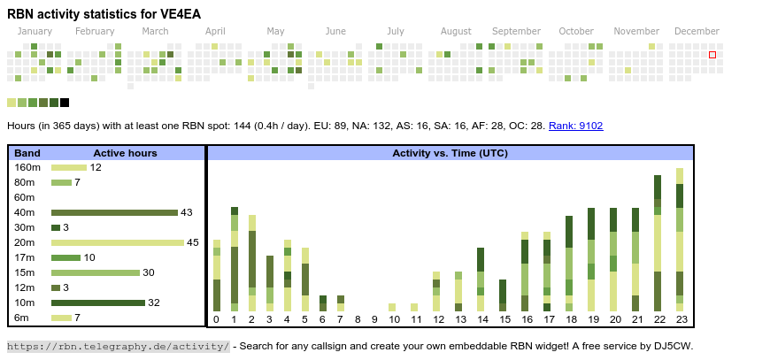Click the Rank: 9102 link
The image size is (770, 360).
[575, 126]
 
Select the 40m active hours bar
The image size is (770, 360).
[114, 212]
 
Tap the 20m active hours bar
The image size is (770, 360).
[117, 242]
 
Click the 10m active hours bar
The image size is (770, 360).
[97, 303]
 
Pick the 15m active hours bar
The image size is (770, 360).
[95, 272]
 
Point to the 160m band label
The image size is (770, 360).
[27, 167]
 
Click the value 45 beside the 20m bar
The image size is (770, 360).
[192, 242]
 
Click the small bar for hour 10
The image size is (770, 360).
[392, 307]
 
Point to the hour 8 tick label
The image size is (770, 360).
[358, 319]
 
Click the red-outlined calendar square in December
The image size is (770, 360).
[712, 55]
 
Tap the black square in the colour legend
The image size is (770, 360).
[65, 103]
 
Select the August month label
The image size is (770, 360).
[456, 31]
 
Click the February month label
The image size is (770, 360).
[95, 31]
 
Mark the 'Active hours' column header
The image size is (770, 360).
[125, 153]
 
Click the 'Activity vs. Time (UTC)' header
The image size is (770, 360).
[450, 153]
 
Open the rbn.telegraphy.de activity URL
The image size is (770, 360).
[119, 346]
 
